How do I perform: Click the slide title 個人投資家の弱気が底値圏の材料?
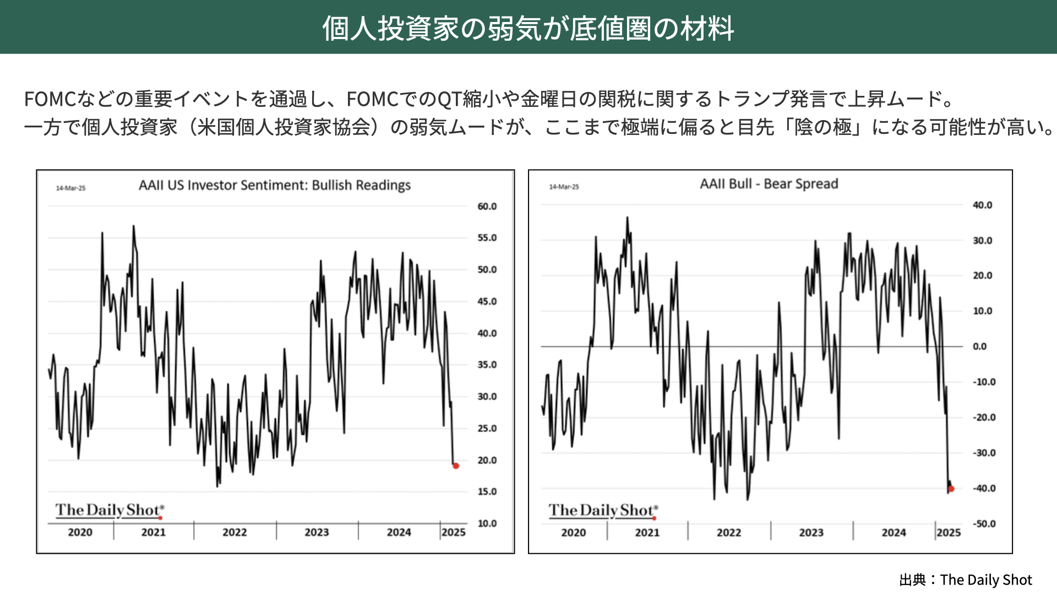528,28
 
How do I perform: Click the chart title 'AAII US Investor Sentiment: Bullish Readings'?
275,185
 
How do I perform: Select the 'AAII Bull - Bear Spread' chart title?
769,184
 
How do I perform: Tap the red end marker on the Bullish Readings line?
456,466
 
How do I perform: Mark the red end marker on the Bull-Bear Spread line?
951,489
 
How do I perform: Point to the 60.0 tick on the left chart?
487,207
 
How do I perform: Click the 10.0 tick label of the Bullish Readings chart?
487,523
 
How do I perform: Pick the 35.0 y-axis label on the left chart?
487,365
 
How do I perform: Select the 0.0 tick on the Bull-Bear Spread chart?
979,347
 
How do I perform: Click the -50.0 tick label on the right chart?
984,524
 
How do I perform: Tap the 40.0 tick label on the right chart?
982,205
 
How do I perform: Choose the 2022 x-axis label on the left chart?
235,533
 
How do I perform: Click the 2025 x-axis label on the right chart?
949,533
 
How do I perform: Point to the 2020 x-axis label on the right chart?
573,533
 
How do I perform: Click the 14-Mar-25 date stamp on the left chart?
70,188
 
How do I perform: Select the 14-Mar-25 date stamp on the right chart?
564,187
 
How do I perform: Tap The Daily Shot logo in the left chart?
109,510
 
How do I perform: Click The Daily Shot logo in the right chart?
603,511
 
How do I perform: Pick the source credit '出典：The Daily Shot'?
965,580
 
